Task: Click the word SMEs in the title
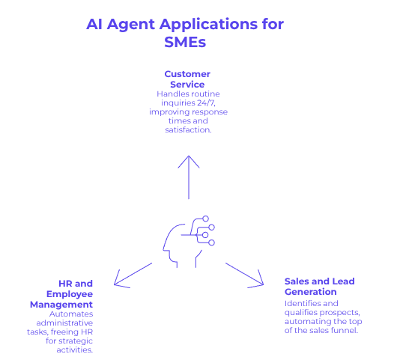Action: point(185,43)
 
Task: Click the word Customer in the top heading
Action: point(187,73)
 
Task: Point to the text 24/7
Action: point(207,102)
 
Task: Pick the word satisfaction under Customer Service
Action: point(187,130)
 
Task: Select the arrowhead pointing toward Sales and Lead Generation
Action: point(260,282)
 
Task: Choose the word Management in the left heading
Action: point(61,305)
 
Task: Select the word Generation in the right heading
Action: point(310,291)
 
